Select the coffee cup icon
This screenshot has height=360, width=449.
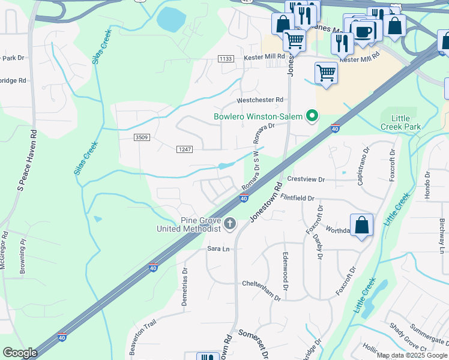click(x=363, y=31)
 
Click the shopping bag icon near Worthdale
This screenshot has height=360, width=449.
click(x=362, y=226)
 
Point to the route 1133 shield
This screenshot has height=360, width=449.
click(x=226, y=58)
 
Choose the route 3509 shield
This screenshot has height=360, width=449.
click(x=142, y=137)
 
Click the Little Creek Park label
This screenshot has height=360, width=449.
click(x=400, y=122)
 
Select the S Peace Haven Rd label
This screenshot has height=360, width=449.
click(x=28, y=160)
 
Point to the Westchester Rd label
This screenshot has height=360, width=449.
click(x=259, y=100)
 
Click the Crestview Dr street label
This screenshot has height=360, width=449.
click(x=306, y=179)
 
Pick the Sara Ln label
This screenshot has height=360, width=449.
click(x=218, y=248)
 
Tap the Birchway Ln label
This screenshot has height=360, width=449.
click(x=442, y=236)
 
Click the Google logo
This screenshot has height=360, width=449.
click(x=20, y=353)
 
